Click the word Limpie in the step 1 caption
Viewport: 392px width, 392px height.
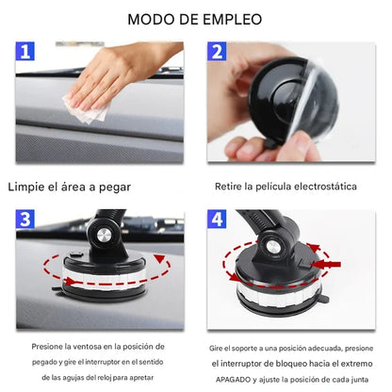coord(31,187)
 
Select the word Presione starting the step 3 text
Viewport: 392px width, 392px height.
coord(50,347)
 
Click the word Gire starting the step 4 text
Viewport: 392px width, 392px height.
coord(219,349)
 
